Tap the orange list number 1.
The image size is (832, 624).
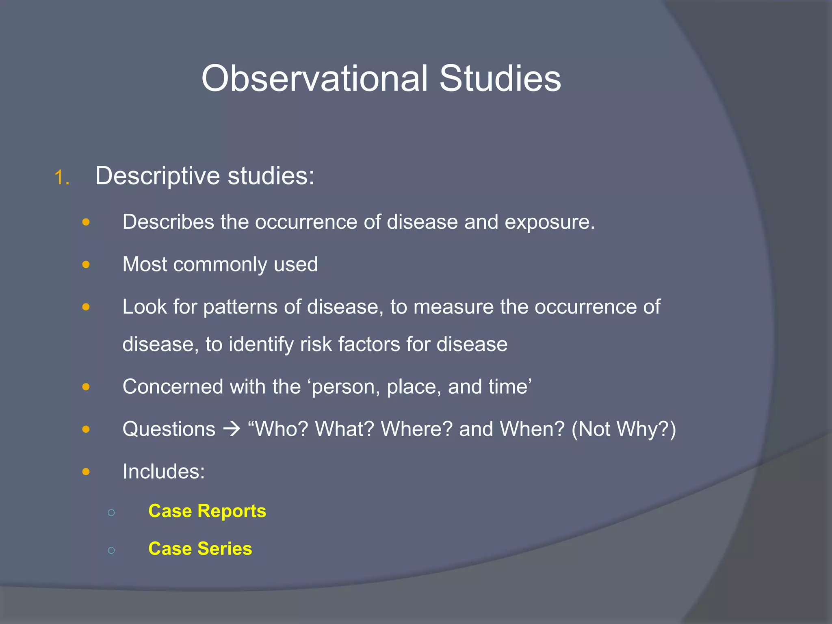61,178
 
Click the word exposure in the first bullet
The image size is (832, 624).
549,222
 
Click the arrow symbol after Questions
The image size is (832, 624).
232,429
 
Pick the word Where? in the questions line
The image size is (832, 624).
416,429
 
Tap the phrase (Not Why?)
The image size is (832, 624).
624,429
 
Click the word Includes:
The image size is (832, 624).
164,472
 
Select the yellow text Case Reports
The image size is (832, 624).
207,511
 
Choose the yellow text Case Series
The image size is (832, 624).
200,549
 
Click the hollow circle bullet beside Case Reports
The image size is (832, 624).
111,513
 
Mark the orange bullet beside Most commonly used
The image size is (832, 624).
86,265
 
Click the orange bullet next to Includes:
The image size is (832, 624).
86,472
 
